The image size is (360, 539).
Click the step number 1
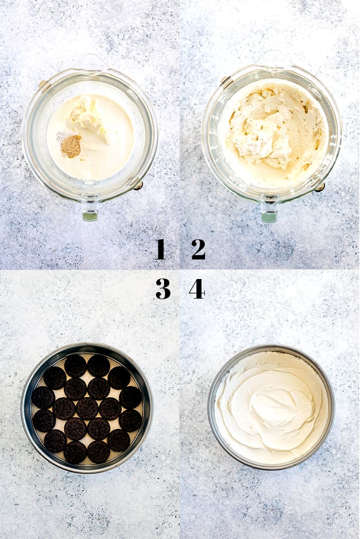click(x=160, y=249)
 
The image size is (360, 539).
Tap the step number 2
click(x=199, y=249)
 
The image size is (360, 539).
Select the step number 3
click(x=163, y=289)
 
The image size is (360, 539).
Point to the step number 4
click(x=197, y=289)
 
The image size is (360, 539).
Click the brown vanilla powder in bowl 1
click(x=71, y=146)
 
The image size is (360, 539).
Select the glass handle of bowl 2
click(x=269, y=209)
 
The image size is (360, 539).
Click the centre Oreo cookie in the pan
click(x=87, y=408)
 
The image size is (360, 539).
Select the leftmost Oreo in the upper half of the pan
click(x=43, y=398)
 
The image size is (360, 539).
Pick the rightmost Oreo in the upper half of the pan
click(x=131, y=398)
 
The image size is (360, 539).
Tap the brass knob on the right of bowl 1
click(x=138, y=186)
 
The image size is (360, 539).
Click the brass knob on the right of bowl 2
click(x=320, y=187)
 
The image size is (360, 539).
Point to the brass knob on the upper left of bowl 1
click(x=43, y=84)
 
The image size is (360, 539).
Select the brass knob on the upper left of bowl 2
click(x=226, y=80)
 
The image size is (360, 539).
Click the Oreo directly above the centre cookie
click(x=98, y=388)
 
